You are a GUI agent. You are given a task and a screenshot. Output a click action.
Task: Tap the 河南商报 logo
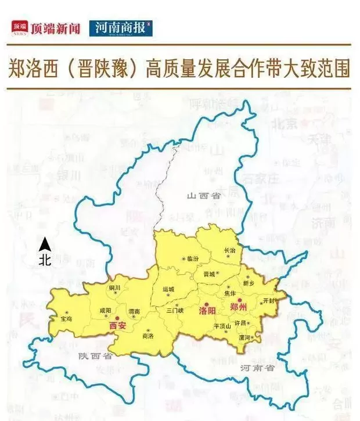click(x=121, y=28)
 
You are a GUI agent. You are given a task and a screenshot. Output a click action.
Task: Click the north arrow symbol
click(x=44, y=243)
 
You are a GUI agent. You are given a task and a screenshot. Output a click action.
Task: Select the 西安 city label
click(x=117, y=326)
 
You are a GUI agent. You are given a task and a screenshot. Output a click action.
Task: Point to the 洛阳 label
click(x=207, y=311)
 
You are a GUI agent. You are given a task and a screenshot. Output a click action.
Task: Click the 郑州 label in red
click(x=238, y=306)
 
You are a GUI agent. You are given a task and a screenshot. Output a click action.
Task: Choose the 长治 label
click(x=230, y=250)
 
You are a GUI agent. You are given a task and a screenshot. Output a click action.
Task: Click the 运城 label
click(x=168, y=289)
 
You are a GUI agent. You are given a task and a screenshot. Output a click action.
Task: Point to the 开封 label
click(x=268, y=301)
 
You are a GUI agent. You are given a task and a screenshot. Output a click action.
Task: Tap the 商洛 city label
click(x=148, y=336)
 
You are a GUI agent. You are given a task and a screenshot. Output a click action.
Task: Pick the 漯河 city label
click(x=244, y=337)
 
